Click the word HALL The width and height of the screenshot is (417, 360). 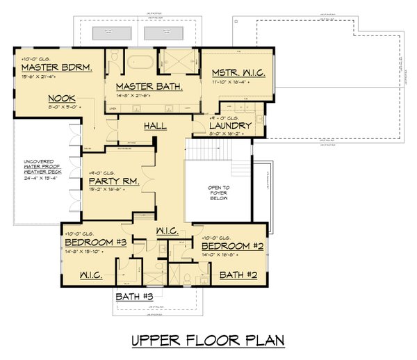click(154, 126)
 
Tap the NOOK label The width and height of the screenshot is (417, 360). click(63, 99)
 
